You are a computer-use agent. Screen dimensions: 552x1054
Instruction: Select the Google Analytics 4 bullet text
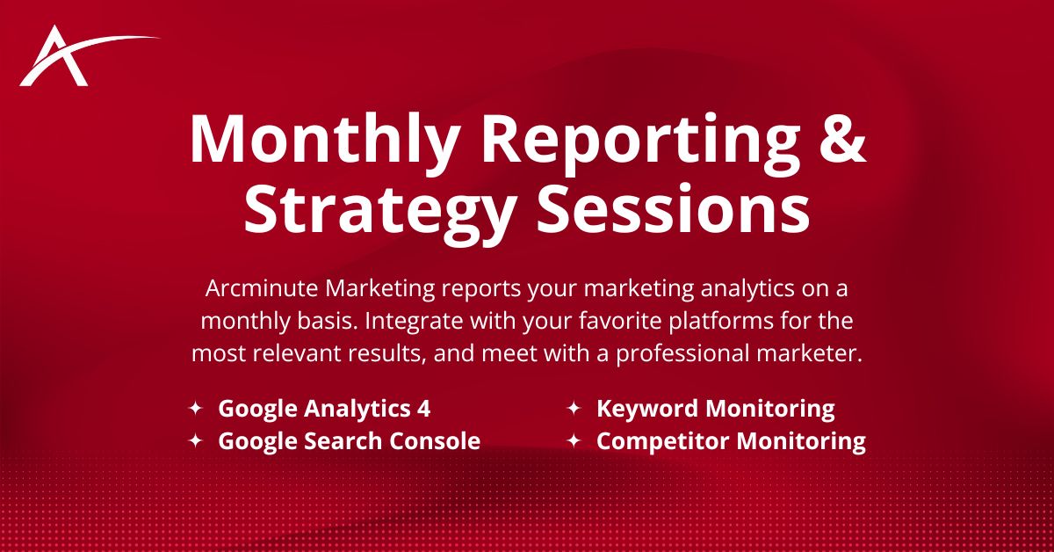tap(324, 409)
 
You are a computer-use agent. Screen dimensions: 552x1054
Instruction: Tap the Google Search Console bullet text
tap(349, 440)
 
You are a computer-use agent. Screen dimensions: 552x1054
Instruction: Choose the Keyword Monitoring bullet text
tap(715, 409)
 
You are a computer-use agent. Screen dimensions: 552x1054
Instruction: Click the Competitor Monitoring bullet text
tap(731, 440)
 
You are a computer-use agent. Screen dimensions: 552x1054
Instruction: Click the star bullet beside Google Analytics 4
tap(196, 409)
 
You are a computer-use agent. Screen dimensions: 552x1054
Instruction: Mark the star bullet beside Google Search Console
tap(196, 440)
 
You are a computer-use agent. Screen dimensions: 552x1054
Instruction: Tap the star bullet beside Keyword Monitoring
tap(574, 409)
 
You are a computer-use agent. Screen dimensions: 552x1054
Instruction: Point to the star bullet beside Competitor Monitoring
tap(574, 440)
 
